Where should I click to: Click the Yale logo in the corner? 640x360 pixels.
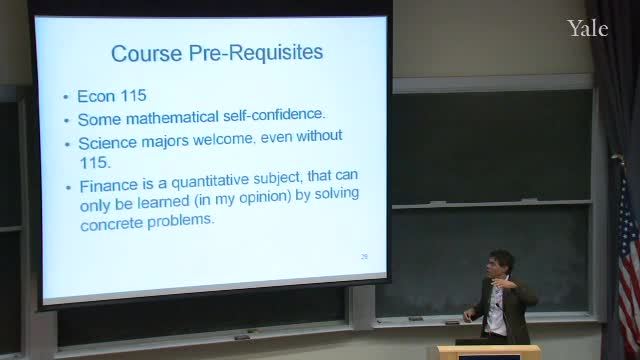click(x=587, y=28)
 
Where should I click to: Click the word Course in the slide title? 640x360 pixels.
click(x=147, y=53)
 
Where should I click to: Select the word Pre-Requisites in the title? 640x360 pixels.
click(x=256, y=53)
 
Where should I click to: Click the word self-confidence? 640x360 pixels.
click(x=274, y=115)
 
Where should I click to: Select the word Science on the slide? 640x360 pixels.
click(x=107, y=143)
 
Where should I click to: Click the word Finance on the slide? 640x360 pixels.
click(x=109, y=186)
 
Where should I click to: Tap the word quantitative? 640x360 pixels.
click(x=210, y=181)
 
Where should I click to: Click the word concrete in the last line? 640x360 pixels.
click(x=111, y=224)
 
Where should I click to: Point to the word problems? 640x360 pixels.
click(x=180, y=221)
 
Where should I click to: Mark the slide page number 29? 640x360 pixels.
click(x=364, y=256)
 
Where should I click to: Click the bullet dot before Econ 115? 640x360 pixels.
click(x=66, y=97)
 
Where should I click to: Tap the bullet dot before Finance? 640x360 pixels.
click(x=68, y=187)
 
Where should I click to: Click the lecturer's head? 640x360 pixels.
click(x=500, y=263)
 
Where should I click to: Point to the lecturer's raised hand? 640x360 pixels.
click(x=500, y=284)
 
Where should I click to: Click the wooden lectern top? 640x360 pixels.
click(x=489, y=350)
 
